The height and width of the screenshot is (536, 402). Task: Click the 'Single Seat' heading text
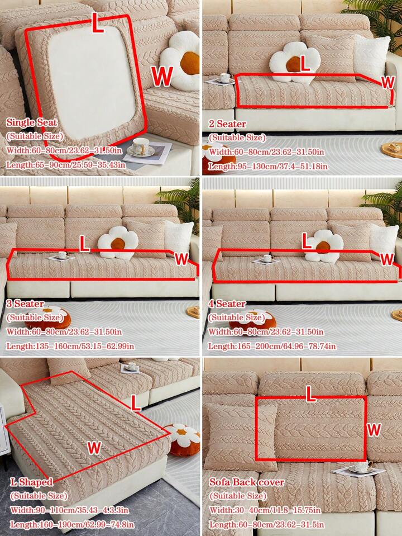(32, 122)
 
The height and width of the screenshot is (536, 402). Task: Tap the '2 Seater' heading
(227, 124)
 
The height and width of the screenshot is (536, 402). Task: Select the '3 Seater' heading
(25, 303)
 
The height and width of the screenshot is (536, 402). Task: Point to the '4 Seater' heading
(227, 303)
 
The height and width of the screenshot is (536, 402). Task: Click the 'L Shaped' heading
(31, 482)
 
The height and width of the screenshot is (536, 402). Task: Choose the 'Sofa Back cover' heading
(247, 482)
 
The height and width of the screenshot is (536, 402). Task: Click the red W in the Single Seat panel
(162, 76)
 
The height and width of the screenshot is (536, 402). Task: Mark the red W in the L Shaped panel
(94, 447)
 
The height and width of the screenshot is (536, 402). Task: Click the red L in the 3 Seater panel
(84, 243)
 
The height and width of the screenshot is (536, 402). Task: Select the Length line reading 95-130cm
(268, 167)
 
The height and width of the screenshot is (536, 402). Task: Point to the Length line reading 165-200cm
(272, 347)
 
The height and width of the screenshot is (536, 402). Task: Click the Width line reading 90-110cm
(69, 510)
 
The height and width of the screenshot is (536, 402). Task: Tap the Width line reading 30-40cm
(265, 510)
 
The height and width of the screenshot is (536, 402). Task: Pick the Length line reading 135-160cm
(70, 347)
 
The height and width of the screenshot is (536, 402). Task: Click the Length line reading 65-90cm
(65, 165)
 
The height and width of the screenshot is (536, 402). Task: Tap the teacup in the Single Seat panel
(140, 146)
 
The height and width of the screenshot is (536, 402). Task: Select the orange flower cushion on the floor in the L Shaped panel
(183, 439)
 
